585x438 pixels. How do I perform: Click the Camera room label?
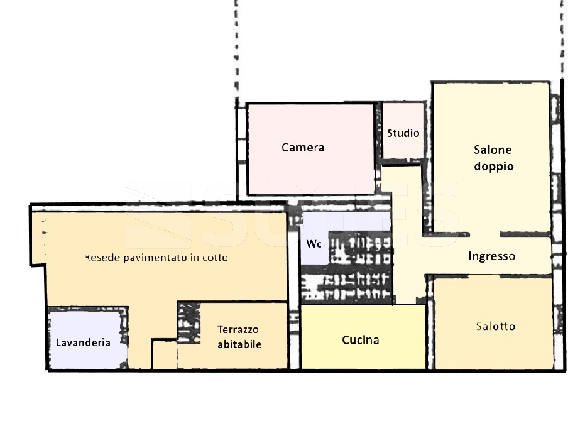[x=303, y=148]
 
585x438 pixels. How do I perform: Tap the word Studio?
[x=403, y=133]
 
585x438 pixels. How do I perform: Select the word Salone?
[x=493, y=150]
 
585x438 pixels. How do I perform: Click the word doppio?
[x=494, y=167]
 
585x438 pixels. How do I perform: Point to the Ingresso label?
[x=492, y=256]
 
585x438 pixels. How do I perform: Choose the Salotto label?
[x=495, y=326]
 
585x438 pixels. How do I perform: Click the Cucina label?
[x=361, y=340]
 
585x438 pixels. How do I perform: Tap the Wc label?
[x=314, y=244]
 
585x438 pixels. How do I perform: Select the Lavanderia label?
[x=83, y=342]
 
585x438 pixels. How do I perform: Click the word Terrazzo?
[x=238, y=329]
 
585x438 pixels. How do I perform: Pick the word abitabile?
[x=239, y=344]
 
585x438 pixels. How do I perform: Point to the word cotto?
[x=215, y=258]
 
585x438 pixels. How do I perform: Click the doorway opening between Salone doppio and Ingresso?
[x=484, y=234]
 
